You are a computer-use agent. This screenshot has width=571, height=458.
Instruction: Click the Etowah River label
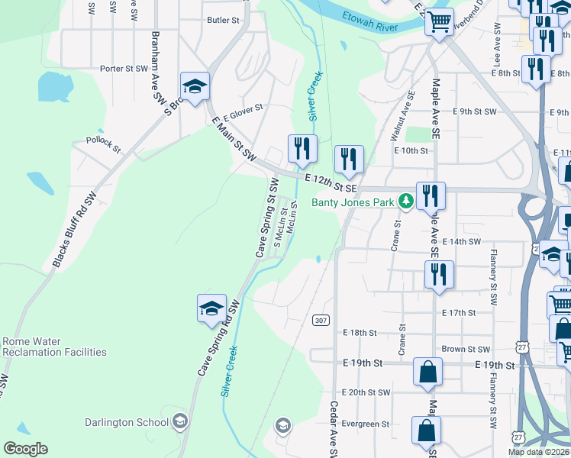click(371, 21)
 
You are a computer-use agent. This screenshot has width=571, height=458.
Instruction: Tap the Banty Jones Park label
click(352, 202)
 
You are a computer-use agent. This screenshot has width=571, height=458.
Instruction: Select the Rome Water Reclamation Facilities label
click(54, 347)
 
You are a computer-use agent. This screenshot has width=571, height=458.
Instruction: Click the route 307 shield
click(321, 320)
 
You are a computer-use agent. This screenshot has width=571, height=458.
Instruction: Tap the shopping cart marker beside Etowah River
click(439, 22)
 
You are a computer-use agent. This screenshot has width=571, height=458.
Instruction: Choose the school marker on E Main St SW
click(195, 85)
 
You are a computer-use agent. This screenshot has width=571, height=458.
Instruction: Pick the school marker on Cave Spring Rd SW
click(211, 308)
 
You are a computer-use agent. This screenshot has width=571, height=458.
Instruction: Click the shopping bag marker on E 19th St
click(428, 372)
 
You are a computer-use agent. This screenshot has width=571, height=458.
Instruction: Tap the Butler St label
click(224, 21)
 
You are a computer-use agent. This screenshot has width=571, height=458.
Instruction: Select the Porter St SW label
click(124, 69)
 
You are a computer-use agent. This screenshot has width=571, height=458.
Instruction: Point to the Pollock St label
click(104, 144)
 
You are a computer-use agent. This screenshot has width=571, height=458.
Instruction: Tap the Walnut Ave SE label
click(402, 116)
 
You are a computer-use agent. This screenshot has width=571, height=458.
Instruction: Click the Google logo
click(25, 448)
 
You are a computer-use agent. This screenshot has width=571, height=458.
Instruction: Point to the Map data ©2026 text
click(539, 452)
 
